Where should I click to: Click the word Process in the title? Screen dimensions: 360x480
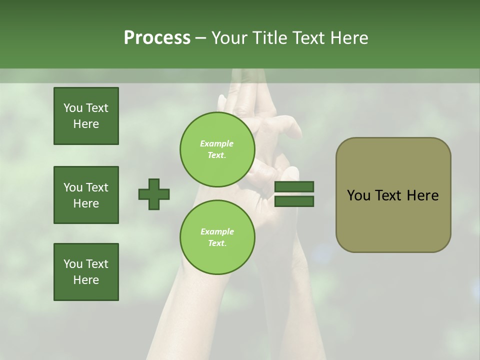(x=157, y=38)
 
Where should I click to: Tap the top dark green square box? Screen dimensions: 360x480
(x=86, y=116)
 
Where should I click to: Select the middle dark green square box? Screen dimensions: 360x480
(x=86, y=195)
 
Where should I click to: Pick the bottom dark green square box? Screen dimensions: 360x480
(x=86, y=272)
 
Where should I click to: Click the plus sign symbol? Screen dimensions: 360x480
(x=154, y=194)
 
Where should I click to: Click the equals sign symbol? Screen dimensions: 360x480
(x=294, y=194)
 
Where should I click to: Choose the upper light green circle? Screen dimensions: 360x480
(x=217, y=149)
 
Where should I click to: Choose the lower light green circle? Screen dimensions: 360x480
(x=217, y=237)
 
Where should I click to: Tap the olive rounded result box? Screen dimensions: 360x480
(x=393, y=195)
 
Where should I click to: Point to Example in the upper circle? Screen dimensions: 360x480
(x=217, y=143)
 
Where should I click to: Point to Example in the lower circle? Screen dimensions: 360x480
(x=217, y=231)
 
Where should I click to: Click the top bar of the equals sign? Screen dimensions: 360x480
(x=294, y=187)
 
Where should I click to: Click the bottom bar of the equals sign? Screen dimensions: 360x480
(x=294, y=201)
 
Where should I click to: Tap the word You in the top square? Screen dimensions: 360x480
(x=73, y=108)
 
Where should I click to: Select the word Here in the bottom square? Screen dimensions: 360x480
(x=86, y=280)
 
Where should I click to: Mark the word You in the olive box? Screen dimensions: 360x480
(x=358, y=195)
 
